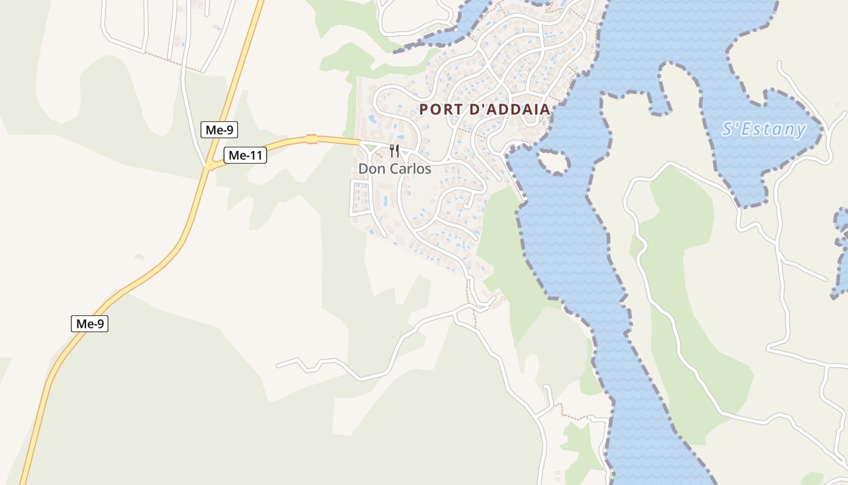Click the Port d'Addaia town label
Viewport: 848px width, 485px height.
click(485, 110)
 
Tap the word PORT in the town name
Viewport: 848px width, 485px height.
click(437, 110)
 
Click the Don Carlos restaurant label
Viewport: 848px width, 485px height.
click(394, 169)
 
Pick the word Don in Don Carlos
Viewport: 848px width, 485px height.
click(370, 169)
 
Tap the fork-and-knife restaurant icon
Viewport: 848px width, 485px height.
click(394, 151)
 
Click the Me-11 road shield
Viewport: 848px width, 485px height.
click(245, 155)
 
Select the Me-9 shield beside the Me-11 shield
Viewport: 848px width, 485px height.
click(219, 129)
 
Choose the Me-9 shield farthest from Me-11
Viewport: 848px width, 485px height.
click(90, 324)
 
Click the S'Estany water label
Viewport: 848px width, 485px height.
click(764, 129)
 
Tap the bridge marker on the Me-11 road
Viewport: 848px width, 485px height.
click(312, 139)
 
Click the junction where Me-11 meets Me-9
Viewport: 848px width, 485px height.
click(210, 165)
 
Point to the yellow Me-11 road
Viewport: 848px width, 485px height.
click(285, 143)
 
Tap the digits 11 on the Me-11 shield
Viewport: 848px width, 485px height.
click(254, 155)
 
